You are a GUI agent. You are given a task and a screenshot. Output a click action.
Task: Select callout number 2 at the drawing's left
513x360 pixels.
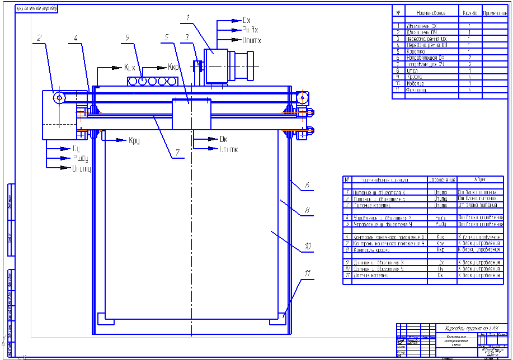click(39, 38)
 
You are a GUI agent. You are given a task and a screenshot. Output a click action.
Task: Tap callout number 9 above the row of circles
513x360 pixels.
click(128, 38)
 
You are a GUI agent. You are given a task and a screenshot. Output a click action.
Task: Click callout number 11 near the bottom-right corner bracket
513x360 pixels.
click(307, 273)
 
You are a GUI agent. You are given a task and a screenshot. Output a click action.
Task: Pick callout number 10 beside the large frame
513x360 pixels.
click(307, 244)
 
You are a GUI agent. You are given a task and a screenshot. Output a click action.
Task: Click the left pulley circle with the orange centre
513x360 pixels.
click(59, 98)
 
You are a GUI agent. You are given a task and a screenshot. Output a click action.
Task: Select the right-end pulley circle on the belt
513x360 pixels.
click(303, 98)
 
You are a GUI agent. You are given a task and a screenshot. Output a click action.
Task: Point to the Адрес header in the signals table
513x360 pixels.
click(480, 180)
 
